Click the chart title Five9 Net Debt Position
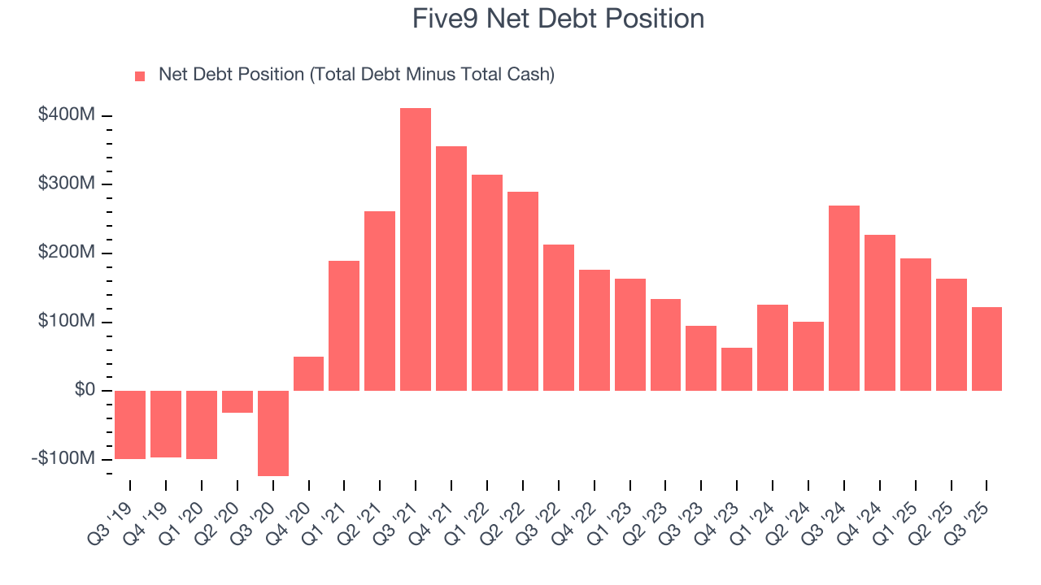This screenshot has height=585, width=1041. click(x=558, y=19)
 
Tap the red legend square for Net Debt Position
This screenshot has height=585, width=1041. click(x=140, y=76)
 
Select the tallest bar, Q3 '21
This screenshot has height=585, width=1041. click(x=416, y=249)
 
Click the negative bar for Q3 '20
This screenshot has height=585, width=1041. click(x=273, y=433)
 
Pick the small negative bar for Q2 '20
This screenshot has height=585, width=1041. click(x=237, y=401)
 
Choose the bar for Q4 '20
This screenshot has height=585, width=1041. click(x=308, y=374)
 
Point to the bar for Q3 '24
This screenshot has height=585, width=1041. click(x=844, y=298)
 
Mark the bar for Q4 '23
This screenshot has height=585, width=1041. click(x=737, y=369)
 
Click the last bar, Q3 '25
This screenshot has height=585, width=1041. click(x=987, y=349)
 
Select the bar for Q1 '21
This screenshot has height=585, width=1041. click(x=344, y=326)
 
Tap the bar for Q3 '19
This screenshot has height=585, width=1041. click(x=130, y=425)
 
